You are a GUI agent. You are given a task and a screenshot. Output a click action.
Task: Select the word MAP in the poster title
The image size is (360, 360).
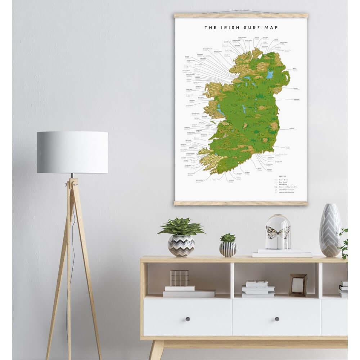click(x=270, y=27)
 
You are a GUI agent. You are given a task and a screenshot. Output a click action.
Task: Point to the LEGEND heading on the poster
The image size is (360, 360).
click(x=282, y=176)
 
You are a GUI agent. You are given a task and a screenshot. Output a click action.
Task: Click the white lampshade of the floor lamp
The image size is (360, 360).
click(x=72, y=152)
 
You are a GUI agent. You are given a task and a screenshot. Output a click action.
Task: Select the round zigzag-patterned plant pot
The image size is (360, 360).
click(x=181, y=246)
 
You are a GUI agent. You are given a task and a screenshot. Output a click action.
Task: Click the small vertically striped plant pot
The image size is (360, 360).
click(x=228, y=249)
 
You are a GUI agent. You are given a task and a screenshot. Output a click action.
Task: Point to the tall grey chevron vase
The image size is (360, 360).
click(x=330, y=230)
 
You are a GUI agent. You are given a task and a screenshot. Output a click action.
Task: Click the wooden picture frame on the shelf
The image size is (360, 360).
click(x=298, y=285)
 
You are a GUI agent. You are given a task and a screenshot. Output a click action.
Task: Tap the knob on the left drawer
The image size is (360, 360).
click(x=188, y=319)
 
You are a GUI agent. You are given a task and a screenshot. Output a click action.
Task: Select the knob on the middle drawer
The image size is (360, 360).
click(x=276, y=319)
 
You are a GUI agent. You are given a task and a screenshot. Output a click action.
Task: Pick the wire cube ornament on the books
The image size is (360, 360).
click(x=179, y=278)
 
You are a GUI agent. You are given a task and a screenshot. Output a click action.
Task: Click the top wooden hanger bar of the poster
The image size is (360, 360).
click(x=241, y=16)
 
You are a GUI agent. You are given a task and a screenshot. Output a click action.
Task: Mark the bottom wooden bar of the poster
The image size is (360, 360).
click(x=241, y=203)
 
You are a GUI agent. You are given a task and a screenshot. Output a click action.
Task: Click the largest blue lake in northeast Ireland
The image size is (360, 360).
click(x=270, y=75)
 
